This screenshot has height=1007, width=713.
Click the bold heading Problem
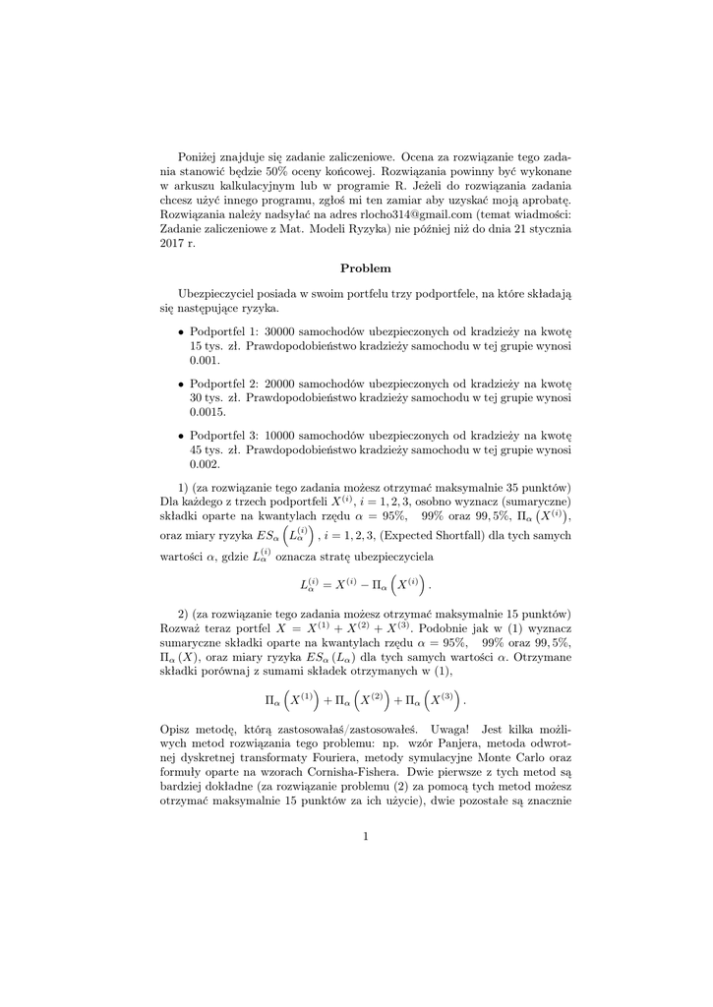[x=366, y=267]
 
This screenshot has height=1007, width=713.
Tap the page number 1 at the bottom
[x=365, y=837]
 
